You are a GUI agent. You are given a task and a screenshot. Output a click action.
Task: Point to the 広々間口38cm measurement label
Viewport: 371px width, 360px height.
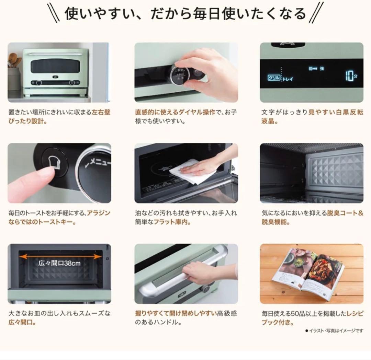(x=59, y=264)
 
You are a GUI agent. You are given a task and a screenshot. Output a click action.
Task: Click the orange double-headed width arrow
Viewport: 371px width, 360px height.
(x=60, y=256)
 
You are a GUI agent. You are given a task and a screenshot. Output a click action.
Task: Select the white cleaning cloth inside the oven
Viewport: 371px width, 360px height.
(x=188, y=172)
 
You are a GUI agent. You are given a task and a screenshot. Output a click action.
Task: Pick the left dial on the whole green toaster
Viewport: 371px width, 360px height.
(x=39, y=83)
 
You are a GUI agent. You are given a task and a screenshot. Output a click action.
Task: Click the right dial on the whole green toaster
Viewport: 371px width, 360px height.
(x=72, y=83)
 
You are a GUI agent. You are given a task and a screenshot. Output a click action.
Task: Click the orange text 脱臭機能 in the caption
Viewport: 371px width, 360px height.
(x=274, y=222)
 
